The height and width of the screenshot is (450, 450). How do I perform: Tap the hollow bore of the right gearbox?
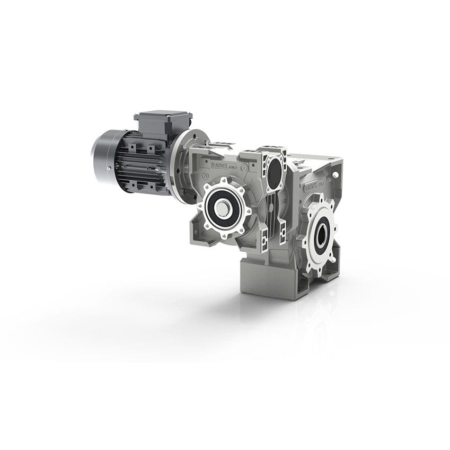coord(320,233)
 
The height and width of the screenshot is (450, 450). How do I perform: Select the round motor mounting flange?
coord(180,167)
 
